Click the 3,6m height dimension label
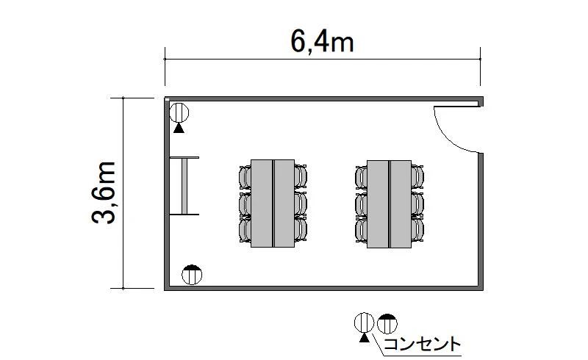(104, 192)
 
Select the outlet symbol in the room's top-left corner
(179, 112)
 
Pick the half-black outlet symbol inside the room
(192, 275)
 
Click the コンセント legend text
(422, 344)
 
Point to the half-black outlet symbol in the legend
(387, 323)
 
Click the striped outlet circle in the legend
(364, 323)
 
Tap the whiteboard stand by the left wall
(184, 186)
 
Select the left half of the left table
(262, 204)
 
